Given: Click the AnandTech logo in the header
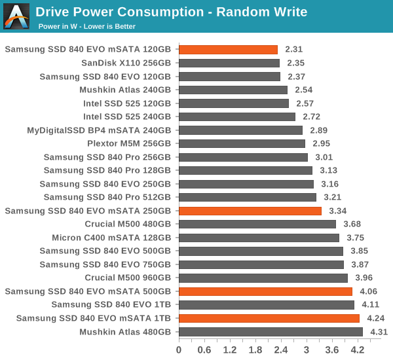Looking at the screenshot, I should click(x=16, y=16).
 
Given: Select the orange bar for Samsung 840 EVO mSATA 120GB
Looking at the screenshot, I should click(x=228, y=49).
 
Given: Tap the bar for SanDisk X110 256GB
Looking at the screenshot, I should click(x=229, y=63).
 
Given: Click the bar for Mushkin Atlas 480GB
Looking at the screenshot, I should click(x=271, y=332).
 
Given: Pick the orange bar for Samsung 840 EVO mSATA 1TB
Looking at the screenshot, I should click(x=269, y=318).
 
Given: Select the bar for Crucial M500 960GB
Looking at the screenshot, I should click(x=263, y=278).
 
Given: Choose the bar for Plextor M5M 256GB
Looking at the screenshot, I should click(x=242, y=143).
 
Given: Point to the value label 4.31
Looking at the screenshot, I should click(x=379, y=332).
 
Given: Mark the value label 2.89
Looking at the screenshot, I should click(x=319, y=130).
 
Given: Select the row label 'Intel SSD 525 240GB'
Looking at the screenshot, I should click(x=127, y=117).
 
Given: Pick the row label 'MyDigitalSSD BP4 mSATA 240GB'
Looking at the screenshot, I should click(x=99, y=130).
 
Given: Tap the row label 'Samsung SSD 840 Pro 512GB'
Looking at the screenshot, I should click(x=107, y=197).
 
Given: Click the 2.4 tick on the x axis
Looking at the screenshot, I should click(x=280, y=350).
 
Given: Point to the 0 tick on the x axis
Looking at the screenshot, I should click(x=179, y=350).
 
